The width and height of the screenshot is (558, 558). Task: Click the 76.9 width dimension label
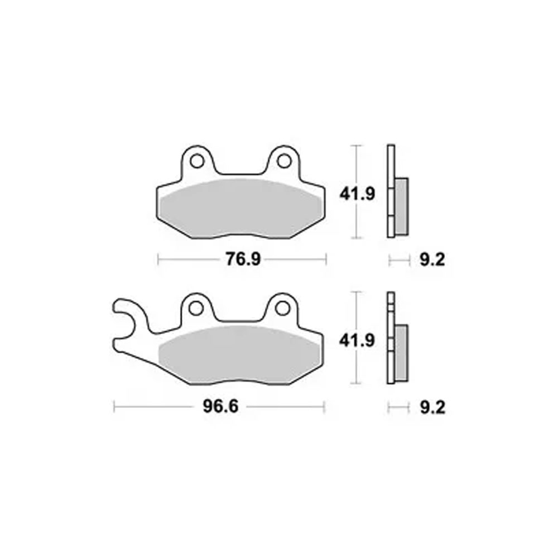coord(243,259)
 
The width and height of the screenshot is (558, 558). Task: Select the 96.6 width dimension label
coord(220,406)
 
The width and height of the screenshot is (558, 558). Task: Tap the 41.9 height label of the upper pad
coord(357,194)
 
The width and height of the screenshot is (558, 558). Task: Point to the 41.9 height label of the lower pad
coord(357,341)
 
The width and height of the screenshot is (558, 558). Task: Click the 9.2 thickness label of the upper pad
coord(432,260)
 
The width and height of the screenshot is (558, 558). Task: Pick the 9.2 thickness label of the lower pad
coord(432,408)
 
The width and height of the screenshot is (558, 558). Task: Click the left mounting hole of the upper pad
coord(197,161)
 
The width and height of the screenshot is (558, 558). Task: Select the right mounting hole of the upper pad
coord(284,161)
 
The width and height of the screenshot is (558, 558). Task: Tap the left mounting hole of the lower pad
coord(196,308)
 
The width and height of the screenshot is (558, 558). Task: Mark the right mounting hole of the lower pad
coord(282,308)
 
